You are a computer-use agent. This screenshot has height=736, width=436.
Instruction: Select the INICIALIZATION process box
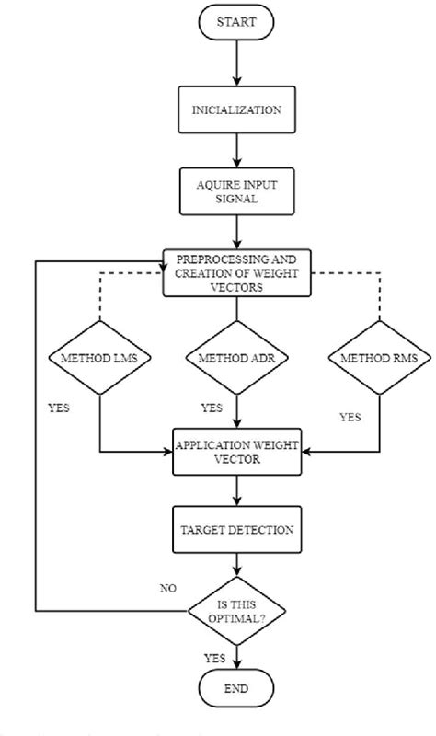[x=236, y=110]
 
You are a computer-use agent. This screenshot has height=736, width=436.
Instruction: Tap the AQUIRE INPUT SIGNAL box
[x=236, y=190]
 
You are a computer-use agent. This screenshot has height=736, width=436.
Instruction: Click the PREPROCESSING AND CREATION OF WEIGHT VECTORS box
[x=236, y=271]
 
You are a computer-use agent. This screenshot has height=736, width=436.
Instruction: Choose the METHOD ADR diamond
[x=236, y=358]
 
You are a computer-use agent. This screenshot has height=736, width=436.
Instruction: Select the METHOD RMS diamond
[x=378, y=358]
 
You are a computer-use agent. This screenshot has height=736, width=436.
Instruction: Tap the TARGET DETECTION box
[x=236, y=530]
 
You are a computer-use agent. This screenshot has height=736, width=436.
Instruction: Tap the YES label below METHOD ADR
[x=212, y=407]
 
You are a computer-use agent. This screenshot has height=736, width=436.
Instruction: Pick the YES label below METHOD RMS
[x=350, y=416]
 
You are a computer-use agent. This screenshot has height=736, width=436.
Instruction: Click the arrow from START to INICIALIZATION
[x=236, y=63]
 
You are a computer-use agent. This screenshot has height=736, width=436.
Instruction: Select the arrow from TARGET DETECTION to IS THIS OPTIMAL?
[x=236, y=565]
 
